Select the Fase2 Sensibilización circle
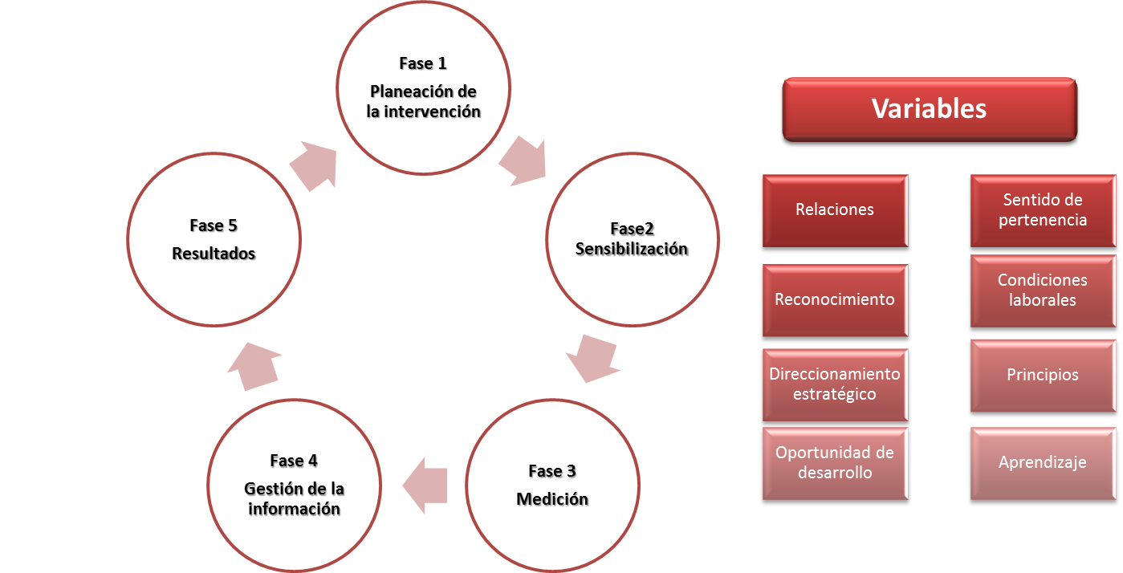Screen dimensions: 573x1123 (632, 238)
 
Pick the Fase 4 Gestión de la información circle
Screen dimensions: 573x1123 (294, 485)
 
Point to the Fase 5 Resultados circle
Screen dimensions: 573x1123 (214, 239)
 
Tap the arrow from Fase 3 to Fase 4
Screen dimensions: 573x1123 (424, 486)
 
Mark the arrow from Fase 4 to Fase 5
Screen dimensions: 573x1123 (253, 365)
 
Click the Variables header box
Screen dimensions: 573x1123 (929, 110)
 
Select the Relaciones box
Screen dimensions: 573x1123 (835, 210)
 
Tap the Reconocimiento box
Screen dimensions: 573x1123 (835, 300)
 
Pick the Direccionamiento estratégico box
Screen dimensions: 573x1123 (835, 384)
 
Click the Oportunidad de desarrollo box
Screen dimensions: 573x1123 (835, 463)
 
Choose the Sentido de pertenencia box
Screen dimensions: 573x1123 (1043, 210)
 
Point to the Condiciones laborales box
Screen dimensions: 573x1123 (1043, 291)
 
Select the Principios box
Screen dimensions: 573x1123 (1043, 375)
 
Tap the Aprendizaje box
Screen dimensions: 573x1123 (1043, 463)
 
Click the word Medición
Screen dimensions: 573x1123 (552, 499)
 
